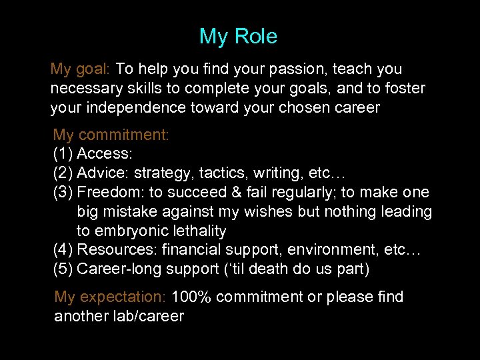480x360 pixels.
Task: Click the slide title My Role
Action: click(238, 37)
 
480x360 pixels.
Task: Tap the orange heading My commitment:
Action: click(111, 135)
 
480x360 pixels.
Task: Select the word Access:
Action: click(105, 155)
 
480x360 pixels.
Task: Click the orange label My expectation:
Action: click(110, 297)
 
